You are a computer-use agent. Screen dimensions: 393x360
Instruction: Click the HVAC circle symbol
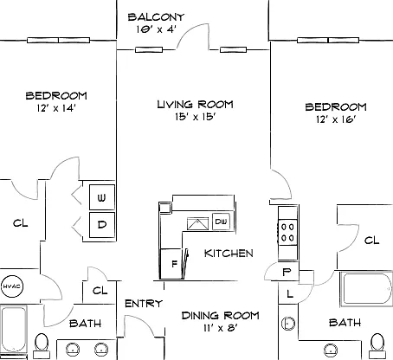(12, 286)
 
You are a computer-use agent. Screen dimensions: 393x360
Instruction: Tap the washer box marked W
(102, 197)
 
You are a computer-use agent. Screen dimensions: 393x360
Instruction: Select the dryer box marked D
(102, 225)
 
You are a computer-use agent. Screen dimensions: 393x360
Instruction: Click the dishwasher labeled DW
(221, 222)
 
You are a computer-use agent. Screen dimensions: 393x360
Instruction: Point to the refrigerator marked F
(171, 264)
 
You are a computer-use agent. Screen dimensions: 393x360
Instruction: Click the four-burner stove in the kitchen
(287, 233)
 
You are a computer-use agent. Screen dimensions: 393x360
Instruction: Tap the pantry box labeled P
(287, 272)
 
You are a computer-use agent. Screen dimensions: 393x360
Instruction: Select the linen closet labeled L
(288, 293)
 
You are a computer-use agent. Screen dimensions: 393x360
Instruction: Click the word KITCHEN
(229, 254)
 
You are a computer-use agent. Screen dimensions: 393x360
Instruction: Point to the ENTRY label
(144, 304)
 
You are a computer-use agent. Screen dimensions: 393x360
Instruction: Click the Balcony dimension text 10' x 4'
(156, 29)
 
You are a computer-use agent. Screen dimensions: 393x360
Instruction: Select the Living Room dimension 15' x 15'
(196, 117)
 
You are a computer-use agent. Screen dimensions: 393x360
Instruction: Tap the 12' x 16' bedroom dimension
(335, 119)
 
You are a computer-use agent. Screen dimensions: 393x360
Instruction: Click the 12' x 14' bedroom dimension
(56, 108)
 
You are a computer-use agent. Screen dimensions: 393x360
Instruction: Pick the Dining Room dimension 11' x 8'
(221, 328)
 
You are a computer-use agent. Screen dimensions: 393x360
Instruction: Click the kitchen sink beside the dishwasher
(197, 223)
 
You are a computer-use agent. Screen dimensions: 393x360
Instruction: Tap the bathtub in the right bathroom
(366, 289)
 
